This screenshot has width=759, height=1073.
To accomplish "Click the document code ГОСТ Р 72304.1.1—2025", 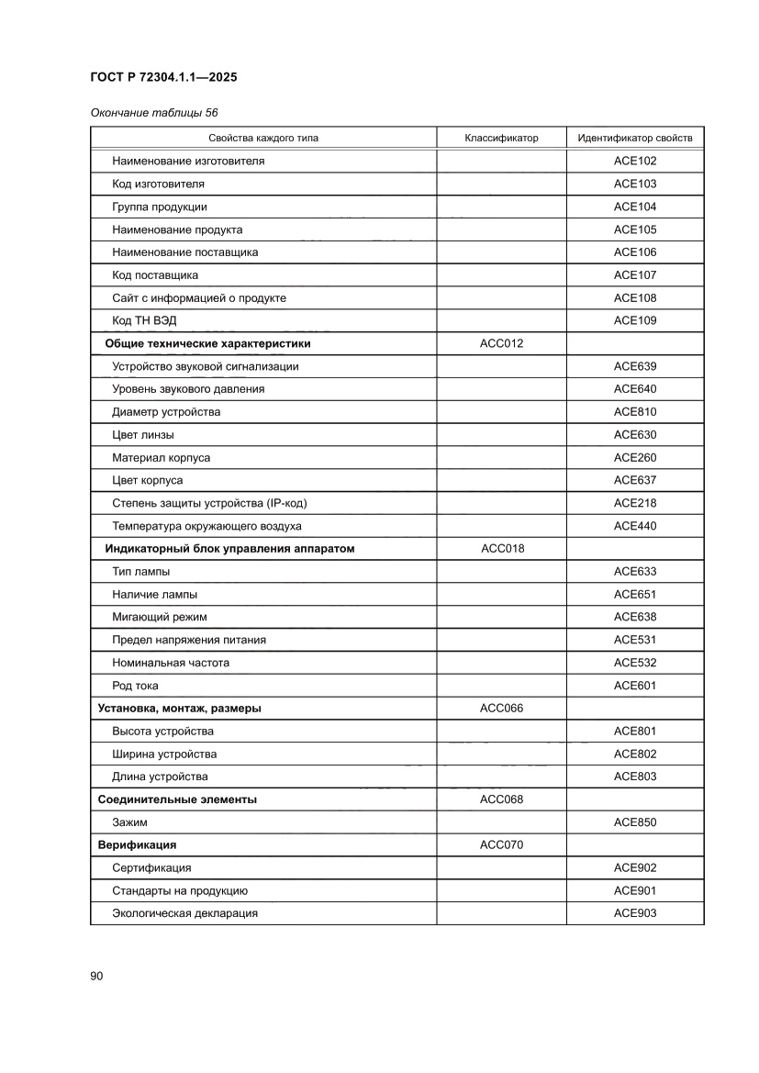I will point(163,78).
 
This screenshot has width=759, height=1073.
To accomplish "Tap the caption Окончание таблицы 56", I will point(154,113).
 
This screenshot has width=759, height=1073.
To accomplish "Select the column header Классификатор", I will point(501,139).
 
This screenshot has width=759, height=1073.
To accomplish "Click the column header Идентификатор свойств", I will point(635,139).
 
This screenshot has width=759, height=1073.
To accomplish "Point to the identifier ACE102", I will point(635,162).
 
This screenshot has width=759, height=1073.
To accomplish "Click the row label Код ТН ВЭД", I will point(144,320).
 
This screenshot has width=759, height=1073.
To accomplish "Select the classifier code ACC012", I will point(501,343).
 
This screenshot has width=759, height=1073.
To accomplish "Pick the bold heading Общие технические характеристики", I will point(207,343).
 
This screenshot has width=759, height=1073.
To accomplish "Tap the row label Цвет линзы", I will point(143,434).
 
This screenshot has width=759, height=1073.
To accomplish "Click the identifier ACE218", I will point(635,503).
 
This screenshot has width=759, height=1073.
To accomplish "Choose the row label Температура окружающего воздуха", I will point(206,526).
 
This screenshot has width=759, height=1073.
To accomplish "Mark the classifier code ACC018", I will point(501,549).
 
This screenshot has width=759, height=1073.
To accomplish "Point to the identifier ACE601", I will point(635,686).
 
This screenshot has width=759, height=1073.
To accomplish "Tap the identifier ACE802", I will point(635,754).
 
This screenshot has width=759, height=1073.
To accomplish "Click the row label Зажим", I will point(129,822).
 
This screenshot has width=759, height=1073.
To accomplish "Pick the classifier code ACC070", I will point(501,844).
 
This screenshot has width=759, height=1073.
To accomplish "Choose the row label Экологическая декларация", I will point(184,913).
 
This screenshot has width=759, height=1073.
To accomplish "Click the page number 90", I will point(96,976).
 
